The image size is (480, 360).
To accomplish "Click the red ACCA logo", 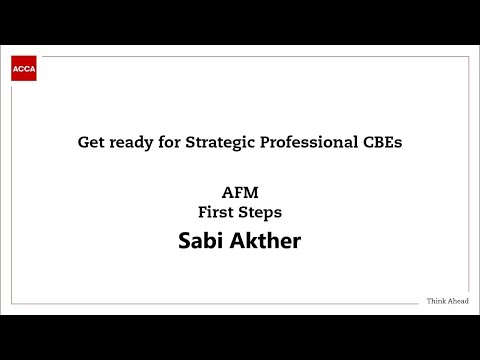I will point(24,69).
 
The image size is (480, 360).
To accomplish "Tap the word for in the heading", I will point(165,142).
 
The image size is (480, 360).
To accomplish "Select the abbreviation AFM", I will point(240,193).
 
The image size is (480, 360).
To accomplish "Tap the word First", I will point(218,212).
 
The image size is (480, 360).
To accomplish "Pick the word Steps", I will point(260,212).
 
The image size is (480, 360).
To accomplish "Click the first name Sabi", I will point(201,241).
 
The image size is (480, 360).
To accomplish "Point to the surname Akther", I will point(266,241).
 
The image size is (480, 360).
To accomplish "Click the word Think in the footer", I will point(437,301).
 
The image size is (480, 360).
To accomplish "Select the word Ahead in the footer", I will point(458,301).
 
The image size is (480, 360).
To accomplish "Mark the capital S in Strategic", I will point(184,142).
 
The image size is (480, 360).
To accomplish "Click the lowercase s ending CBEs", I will point(398,143).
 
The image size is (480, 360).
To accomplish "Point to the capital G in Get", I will point(83,142).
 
